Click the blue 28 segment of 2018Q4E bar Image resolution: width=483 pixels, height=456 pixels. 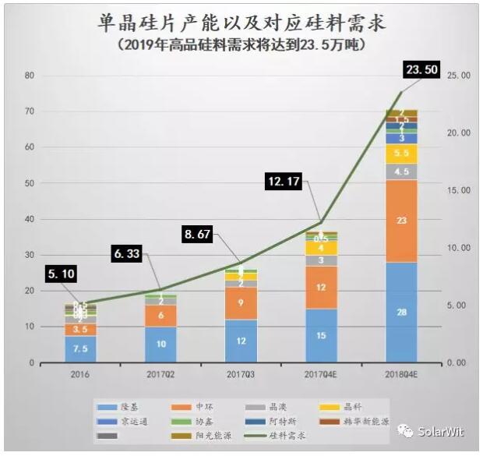[401, 312]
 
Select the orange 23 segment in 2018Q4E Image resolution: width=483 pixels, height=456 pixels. [401, 221]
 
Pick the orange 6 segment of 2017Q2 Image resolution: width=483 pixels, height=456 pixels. [160, 316]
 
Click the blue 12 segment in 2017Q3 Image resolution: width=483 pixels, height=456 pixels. [241, 341]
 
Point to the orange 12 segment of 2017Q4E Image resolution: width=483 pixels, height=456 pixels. [321, 288]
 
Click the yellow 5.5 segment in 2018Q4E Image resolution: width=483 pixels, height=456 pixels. [401, 154]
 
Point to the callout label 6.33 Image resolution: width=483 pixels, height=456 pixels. [130, 253]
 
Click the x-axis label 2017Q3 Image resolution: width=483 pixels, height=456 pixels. [241, 373]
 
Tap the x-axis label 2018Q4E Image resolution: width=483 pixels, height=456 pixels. [401, 373]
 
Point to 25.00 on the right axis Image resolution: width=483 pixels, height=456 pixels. [461, 76]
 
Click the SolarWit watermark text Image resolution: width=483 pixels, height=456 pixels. [441, 430]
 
